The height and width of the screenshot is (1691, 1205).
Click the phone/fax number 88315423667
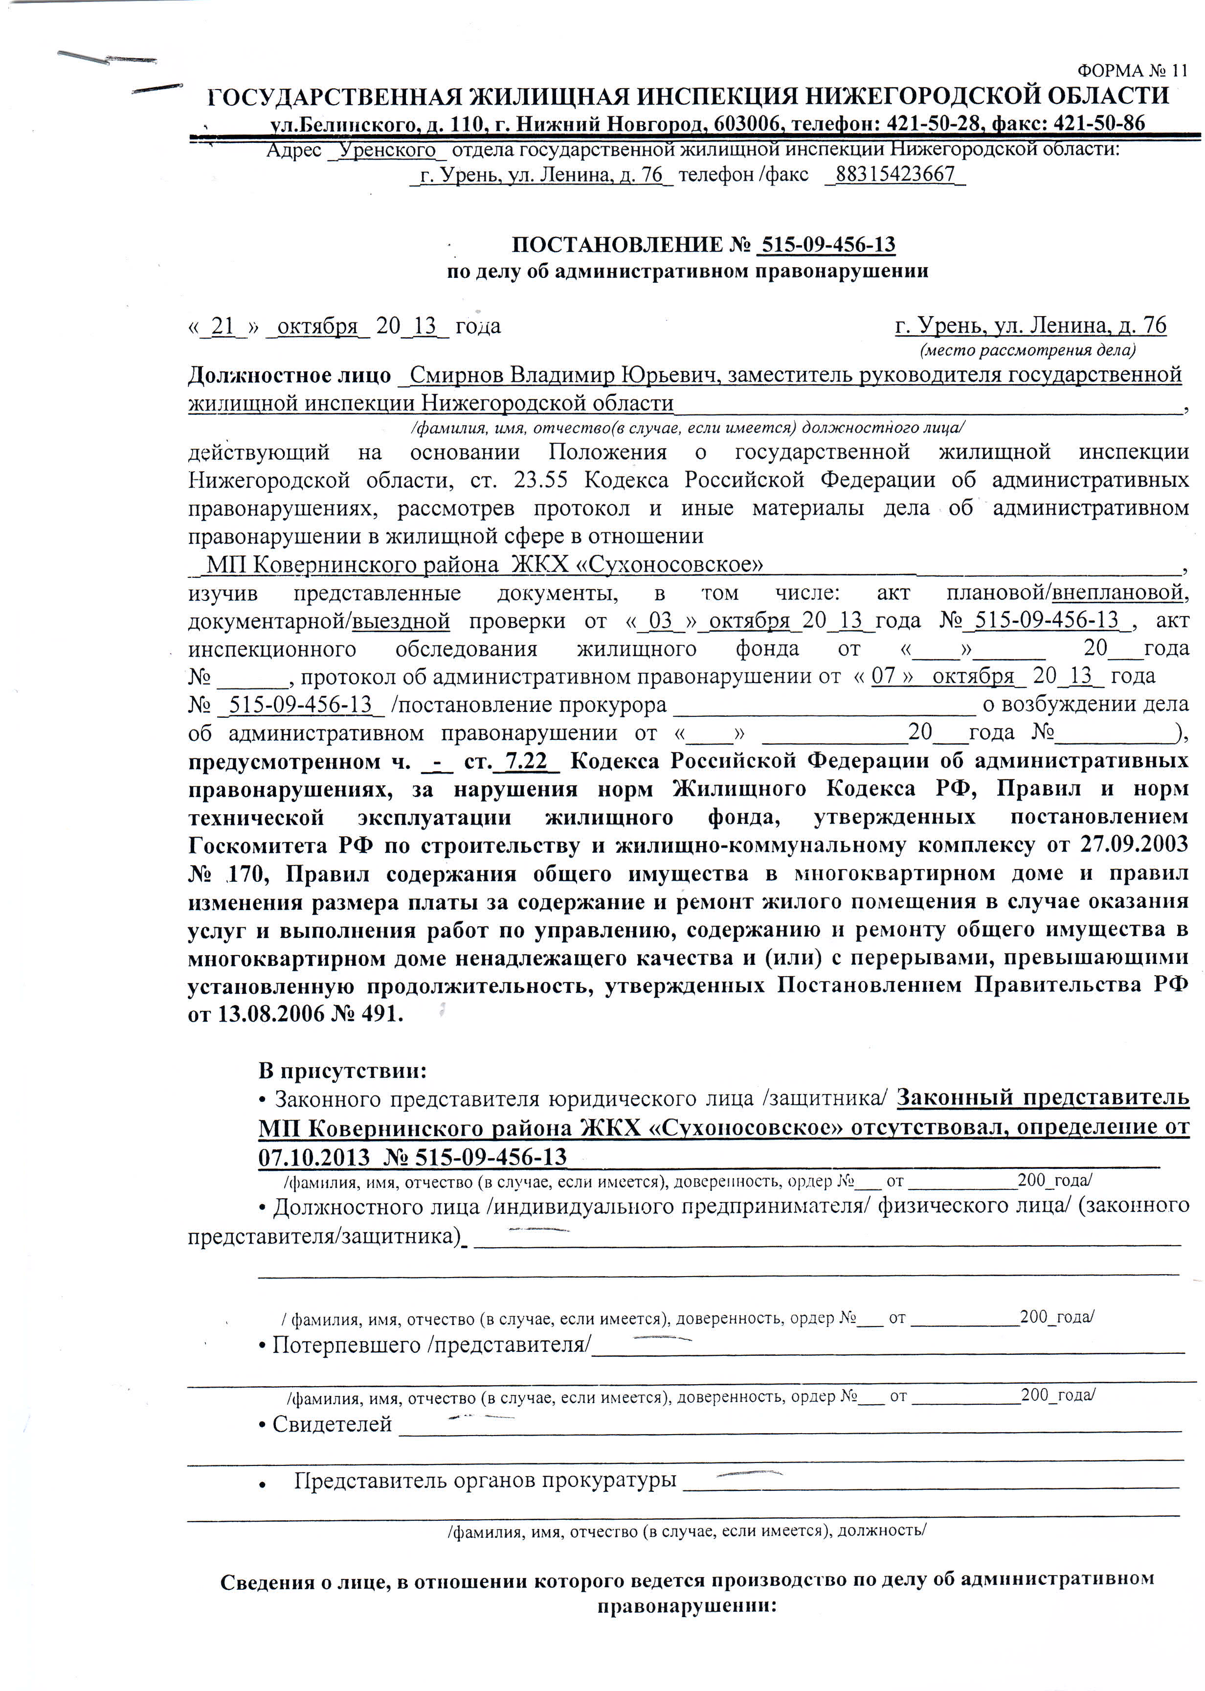click(x=895, y=175)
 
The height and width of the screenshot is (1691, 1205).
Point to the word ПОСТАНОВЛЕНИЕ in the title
click(x=617, y=245)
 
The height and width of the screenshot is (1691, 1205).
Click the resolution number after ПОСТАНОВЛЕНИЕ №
click(x=828, y=245)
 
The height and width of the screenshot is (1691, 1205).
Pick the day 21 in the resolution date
click(x=223, y=327)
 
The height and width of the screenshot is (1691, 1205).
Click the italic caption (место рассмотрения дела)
click(x=1027, y=350)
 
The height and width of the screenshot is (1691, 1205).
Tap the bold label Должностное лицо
click(x=290, y=376)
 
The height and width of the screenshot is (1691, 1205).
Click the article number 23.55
click(x=540, y=480)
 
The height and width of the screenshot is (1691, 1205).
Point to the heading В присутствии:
click(x=342, y=1071)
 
